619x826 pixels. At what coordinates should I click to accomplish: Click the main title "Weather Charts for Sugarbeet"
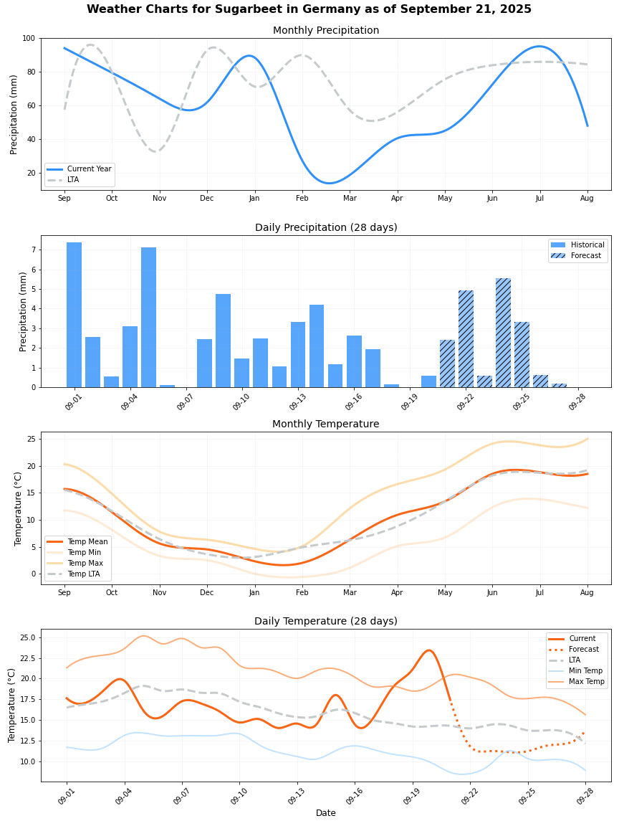pyautogui.click(x=309, y=9)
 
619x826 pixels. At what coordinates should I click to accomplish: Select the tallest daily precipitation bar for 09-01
pyautogui.click(x=74, y=315)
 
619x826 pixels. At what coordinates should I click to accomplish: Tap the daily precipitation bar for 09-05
pyautogui.click(x=148, y=318)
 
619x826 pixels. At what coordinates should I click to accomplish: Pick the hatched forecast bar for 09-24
pyautogui.click(x=503, y=333)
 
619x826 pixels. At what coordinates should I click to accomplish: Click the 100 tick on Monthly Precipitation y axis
pyautogui.click(x=29, y=39)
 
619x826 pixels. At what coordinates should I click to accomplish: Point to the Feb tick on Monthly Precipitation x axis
pyautogui.click(x=302, y=198)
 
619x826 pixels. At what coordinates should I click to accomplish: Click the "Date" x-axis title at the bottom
pyautogui.click(x=325, y=813)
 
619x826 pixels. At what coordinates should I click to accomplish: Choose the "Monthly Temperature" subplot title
pyautogui.click(x=325, y=424)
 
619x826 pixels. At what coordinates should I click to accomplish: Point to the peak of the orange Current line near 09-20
pyautogui.click(x=428, y=650)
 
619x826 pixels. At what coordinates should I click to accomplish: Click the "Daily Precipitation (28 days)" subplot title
pyautogui.click(x=325, y=228)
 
